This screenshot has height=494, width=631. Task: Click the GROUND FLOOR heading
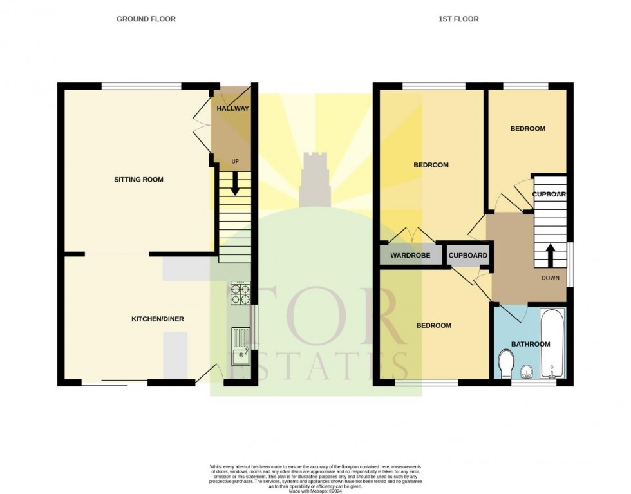(146, 19)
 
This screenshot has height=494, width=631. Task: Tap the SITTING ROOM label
(140, 180)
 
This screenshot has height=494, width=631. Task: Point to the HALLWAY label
(232, 108)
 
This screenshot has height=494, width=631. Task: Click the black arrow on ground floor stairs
(234, 182)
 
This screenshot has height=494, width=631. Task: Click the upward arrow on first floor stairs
(551, 254)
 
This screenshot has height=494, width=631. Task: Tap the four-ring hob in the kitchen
(240, 294)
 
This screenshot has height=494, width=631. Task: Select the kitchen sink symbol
(241, 346)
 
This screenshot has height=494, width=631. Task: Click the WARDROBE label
(410, 256)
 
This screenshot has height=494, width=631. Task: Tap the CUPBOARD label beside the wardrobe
(468, 256)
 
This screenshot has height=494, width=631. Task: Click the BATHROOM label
(531, 344)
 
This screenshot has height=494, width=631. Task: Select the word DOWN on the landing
(551, 278)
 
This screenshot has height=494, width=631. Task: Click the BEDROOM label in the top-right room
(527, 129)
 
